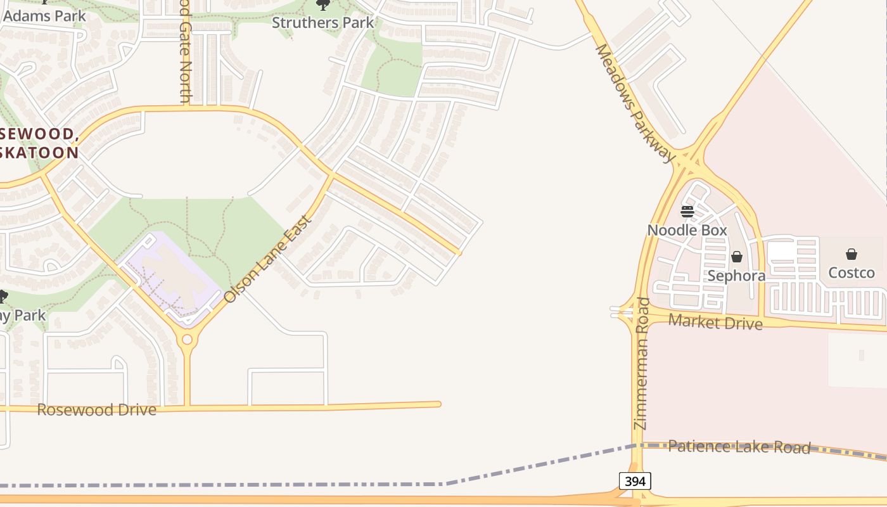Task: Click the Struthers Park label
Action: click(322, 22)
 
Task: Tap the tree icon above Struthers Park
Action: click(323, 5)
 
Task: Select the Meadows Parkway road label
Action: click(634, 103)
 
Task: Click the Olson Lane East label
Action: click(268, 259)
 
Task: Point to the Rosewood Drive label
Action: click(96, 409)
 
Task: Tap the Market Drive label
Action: click(715, 322)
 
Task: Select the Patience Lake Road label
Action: click(739, 447)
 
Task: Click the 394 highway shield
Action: click(635, 481)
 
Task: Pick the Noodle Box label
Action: click(687, 230)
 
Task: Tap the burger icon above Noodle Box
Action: click(687, 211)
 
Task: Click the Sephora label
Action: click(736, 276)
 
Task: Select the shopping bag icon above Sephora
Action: click(737, 257)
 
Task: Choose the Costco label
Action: click(852, 273)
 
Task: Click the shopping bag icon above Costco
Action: click(852, 254)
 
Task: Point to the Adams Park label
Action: click(44, 16)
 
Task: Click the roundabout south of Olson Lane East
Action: click(187, 340)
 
